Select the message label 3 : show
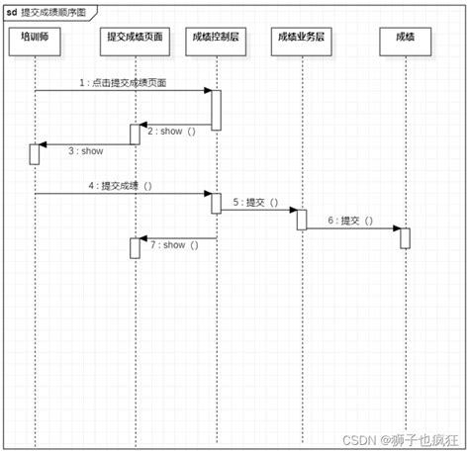[x=86, y=151]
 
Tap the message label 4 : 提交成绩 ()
[x=121, y=186]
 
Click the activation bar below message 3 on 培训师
[x=34, y=154]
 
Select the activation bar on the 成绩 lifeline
[x=405, y=237]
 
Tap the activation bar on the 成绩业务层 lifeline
[x=302, y=220]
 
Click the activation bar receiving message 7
[x=136, y=248]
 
